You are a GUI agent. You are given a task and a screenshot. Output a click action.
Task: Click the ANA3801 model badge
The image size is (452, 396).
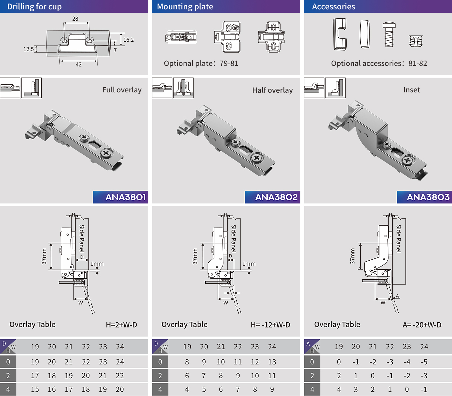120,197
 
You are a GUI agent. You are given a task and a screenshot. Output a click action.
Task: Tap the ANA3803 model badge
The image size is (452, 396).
424,197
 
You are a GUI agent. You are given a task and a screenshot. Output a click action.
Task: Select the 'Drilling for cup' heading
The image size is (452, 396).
34,7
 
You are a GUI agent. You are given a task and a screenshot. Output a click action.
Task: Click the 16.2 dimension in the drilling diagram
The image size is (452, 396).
128,40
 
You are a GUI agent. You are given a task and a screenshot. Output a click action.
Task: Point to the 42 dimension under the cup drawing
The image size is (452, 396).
79,65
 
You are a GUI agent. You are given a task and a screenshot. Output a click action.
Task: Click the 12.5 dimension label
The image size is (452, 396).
29,49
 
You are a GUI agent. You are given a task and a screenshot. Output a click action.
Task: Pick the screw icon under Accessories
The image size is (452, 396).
389,34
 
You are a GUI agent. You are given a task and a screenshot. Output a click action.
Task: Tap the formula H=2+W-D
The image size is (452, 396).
121,325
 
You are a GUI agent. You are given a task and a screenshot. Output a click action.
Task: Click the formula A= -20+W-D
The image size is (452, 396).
422,325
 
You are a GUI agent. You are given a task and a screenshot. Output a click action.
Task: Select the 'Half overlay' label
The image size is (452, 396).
272,90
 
